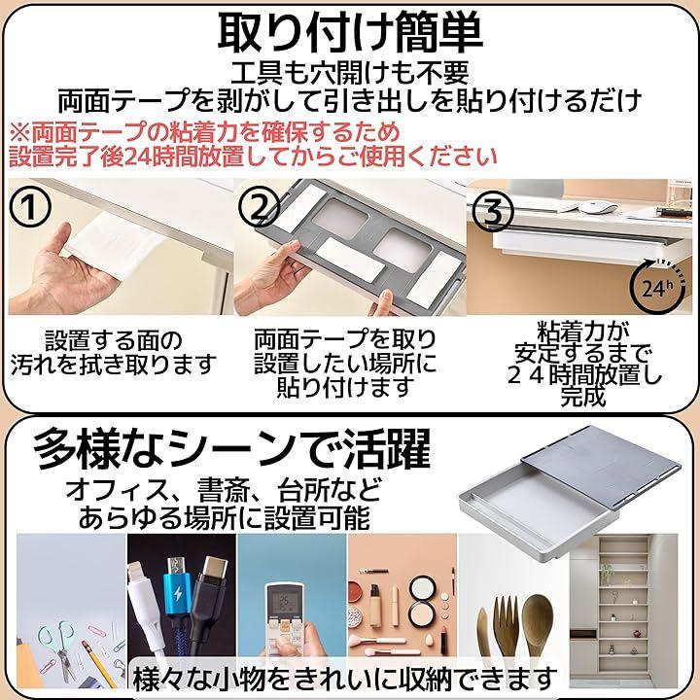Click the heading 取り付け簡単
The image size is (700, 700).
click(350, 33)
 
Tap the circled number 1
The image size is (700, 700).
click(30, 207)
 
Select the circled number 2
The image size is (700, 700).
click(259, 207)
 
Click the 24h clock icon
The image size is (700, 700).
click(657, 288)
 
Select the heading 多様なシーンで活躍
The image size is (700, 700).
click(231, 448)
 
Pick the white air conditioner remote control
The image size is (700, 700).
click(289, 620)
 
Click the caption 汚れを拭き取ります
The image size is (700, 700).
click(114, 365)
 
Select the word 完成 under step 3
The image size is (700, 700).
click(583, 396)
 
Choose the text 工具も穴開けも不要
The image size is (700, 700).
click(350, 72)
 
